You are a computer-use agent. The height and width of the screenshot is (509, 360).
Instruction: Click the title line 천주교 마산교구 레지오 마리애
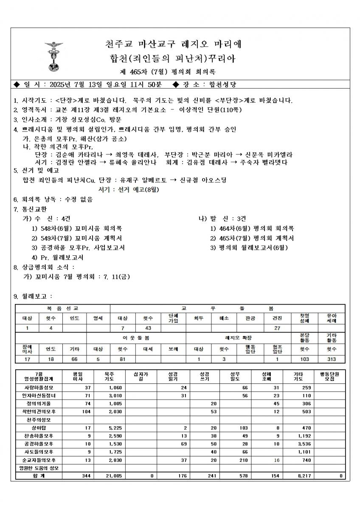[172, 44]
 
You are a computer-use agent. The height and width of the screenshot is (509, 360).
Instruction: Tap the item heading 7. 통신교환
[30, 209]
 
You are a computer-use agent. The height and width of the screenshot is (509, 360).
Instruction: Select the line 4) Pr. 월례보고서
[57, 257]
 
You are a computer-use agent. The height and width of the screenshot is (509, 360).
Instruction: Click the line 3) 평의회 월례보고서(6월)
[249, 248]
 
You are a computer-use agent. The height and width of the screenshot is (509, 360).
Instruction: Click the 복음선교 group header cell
[62, 308]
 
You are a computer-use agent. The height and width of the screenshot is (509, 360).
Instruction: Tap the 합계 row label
[37, 476]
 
